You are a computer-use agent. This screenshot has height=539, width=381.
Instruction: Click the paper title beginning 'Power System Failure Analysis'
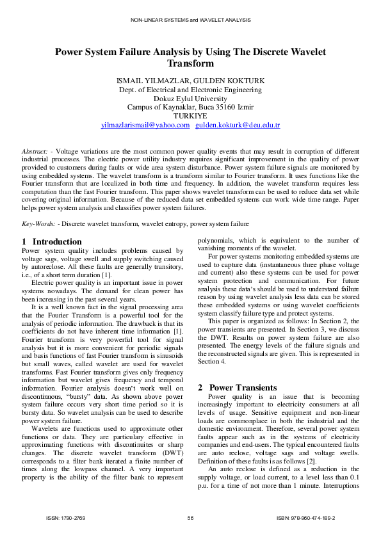pyautogui.click(x=190, y=58)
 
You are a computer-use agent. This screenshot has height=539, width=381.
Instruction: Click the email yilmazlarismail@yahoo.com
pyautogui.click(x=145, y=125)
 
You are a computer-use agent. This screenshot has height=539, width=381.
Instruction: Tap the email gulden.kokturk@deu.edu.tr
pyautogui.click(x=238, y=125)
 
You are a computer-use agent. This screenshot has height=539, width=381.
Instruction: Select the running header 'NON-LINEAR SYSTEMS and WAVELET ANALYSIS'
pyautogui.click(x=190, y=20)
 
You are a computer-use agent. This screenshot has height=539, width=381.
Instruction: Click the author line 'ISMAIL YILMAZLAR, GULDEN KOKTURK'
pyautogui.click(x=190, y=80)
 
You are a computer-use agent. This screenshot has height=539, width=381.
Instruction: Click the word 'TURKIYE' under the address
pyautogui.click(x=190, y=116)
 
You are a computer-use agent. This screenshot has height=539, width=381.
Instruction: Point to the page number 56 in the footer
pyautogui.click(x=190, y=517)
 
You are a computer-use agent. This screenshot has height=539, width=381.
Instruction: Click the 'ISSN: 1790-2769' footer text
pyautogui.click(x=67, y=517)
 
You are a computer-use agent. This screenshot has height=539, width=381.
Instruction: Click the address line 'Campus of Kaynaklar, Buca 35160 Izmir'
pyautogui.click(x=190, y=107)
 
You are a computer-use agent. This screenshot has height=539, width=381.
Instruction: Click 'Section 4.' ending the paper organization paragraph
pyautogui.click(x=211, y=362)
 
